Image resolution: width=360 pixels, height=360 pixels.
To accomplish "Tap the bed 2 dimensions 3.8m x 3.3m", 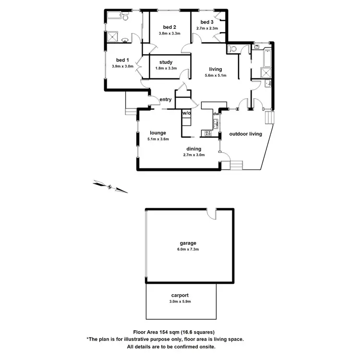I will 168,33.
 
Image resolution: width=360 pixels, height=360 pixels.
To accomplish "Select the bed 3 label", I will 206,22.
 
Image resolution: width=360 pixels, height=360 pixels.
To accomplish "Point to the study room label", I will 166,62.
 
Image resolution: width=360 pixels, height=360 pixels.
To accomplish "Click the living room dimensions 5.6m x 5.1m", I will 216,75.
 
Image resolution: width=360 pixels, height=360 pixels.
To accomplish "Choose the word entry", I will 166,99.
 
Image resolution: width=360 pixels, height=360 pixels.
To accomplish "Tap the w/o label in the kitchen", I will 186,113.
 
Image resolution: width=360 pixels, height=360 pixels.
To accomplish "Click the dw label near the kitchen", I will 216,114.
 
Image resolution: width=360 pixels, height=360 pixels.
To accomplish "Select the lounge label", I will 157,133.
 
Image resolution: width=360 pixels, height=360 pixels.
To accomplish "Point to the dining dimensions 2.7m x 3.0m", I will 194,155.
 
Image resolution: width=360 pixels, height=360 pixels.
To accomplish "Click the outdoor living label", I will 245,134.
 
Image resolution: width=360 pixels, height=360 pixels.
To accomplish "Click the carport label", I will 181,296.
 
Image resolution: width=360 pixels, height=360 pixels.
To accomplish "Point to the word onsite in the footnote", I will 206,346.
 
